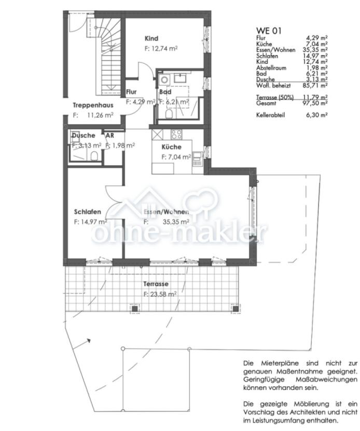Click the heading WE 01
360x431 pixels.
point(269,31)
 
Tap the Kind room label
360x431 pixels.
point(151,38)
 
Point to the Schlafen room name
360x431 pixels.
point(87,212)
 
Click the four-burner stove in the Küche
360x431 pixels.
point(176,134)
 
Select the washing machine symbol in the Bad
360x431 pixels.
point(164,79)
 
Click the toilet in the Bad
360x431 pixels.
point(169,113)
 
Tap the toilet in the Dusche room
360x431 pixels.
point(95,156)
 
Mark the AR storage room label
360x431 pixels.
point(109,136)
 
